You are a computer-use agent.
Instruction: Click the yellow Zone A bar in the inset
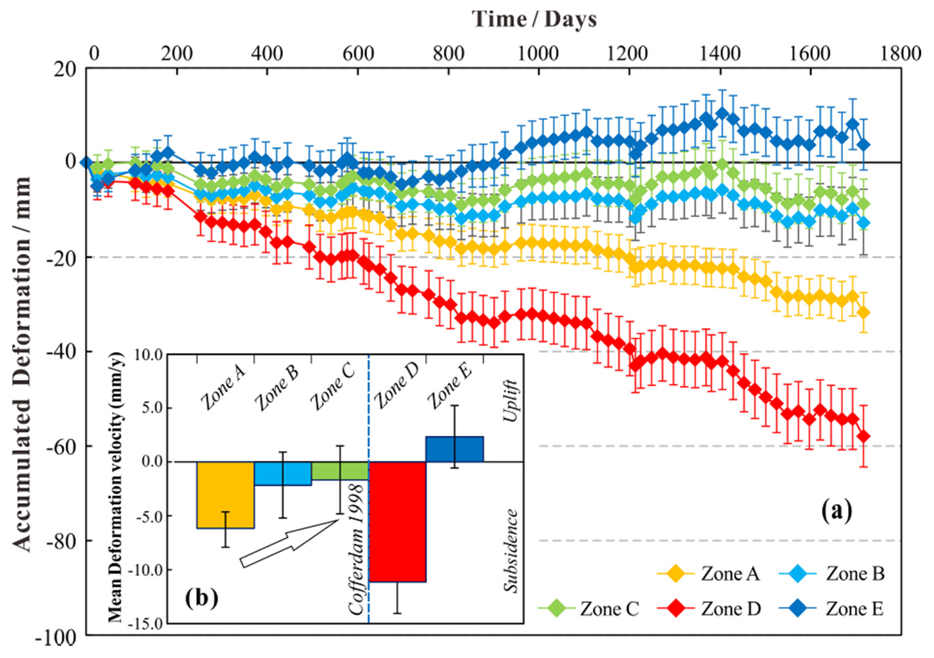(225, 495)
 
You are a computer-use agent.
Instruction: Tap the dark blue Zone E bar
(455, 449)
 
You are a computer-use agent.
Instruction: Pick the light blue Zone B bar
(283, 474)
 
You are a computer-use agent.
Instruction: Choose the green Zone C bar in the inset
(340, 471)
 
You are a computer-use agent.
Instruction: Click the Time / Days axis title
(534, 19)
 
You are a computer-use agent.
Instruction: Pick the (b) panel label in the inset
(201, 598)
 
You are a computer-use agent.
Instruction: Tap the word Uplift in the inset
(510, 401)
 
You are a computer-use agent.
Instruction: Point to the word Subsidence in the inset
(510, 551)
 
